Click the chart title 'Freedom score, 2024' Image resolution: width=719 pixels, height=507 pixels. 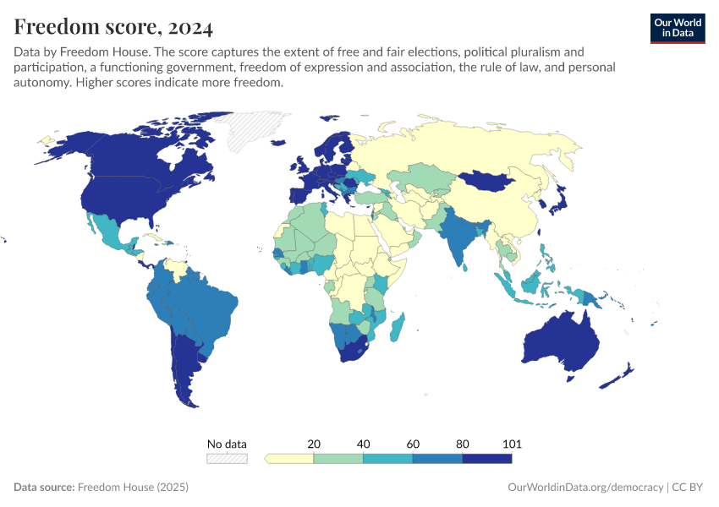113,27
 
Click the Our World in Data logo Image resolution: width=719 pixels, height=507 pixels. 677,28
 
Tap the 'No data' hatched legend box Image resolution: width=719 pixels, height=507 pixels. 228,459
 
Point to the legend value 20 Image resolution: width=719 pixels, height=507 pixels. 314,444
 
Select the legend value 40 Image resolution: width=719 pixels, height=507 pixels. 363,444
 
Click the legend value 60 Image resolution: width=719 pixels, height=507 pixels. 413,444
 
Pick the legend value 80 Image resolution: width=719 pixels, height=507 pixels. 463,444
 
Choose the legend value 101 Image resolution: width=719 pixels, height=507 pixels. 511,444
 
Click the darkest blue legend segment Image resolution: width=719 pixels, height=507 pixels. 487,459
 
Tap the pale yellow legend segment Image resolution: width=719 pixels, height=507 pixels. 290,459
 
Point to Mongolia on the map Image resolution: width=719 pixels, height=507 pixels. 489,180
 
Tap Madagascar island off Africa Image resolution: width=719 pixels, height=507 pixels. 398,327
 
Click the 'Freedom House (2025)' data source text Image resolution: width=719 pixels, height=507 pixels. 133,488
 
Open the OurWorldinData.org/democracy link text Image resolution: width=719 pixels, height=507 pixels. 585,488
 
